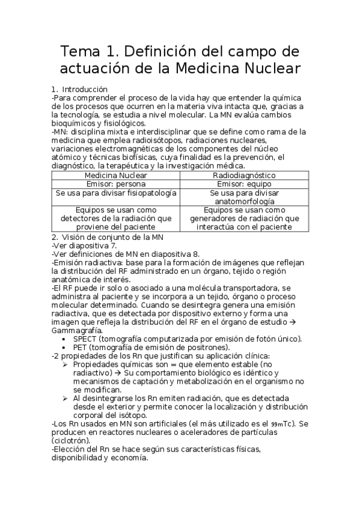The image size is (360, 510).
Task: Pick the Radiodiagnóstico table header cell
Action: pyautogui.click(x=244, y=174)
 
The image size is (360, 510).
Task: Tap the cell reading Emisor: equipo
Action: pyautogui.click(x=244, y=183)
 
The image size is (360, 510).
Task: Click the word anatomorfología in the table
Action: pyautogui.click(x=244, y=202)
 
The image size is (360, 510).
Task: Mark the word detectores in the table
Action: pyautogui.click(x=79, y=218)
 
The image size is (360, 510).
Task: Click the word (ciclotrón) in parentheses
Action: pyautogui.click(x=73, y=440)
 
